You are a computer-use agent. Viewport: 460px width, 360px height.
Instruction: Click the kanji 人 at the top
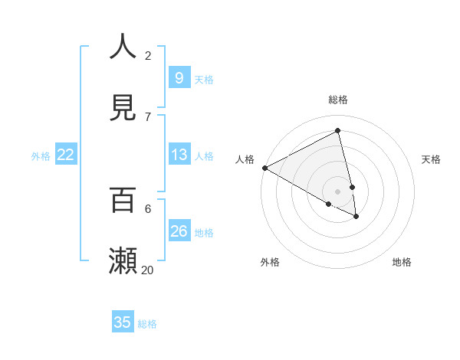click(x=123, y=46)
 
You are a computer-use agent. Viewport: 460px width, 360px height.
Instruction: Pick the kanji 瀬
click(x=123, y=260)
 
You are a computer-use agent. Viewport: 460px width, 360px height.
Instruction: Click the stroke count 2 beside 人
click(x=148, y=55)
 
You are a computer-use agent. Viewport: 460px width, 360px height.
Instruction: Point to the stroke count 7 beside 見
click(x=148, y=116)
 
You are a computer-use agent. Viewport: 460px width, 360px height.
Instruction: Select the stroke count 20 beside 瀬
click(x=148, y=270)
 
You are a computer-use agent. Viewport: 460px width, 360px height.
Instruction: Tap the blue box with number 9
click(x=179, y=77)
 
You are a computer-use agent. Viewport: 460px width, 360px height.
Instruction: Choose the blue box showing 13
click(x=179, y=155)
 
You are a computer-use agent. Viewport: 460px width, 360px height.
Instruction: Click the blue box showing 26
click(x=179, y=231)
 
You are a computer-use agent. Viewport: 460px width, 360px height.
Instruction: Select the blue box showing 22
click(x=66, y=155)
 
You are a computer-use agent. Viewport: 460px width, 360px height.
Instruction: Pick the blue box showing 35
click(x=123, y=322)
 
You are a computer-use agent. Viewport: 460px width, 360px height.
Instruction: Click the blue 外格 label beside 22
click(x=41, y=156)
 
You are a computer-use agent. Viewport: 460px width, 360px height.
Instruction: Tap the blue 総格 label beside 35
click(x=147, y=324)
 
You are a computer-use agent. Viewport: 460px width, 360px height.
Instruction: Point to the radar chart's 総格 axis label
click(x=338, y=100)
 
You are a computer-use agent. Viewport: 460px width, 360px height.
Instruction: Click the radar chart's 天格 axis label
click(x=431, y=159)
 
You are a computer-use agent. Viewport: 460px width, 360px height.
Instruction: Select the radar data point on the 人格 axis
click(x=264, y=168)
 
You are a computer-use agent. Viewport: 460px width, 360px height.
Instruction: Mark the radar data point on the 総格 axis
click(x=338, y=131)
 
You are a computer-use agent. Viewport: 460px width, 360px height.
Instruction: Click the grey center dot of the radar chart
click(x=338, y=191)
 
